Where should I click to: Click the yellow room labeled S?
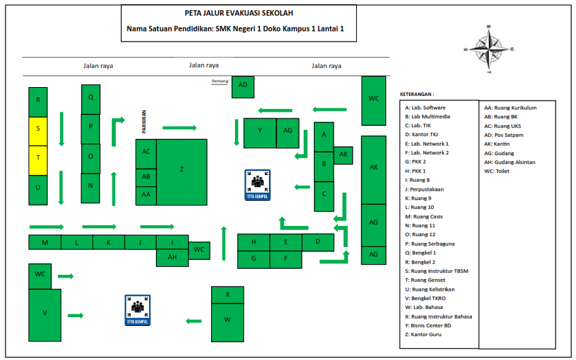(x=37, y=128)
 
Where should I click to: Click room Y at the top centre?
(x=259, y=132)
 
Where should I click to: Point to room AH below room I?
(x=172, y=257)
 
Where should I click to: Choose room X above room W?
(x=227, y=294)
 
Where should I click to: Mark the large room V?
(x=44, y=313)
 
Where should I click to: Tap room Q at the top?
(x=91, y=97)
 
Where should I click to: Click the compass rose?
(x=487, y=48)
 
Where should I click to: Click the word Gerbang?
(x=219, y=80)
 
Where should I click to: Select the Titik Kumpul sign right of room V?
(x=138, y=310)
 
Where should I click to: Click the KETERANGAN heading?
(x=417, y=94)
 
